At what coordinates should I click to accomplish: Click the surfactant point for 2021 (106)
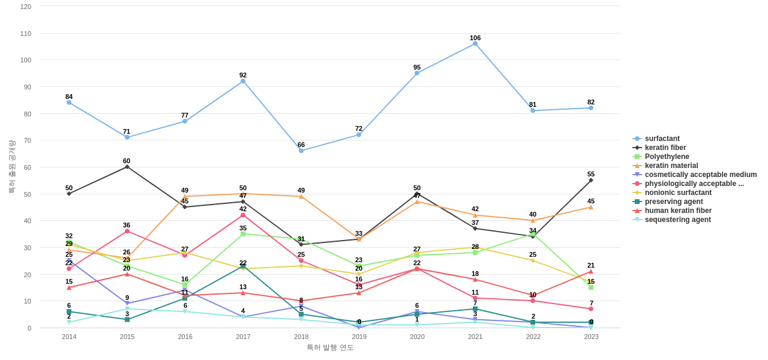click(x=475, y=44)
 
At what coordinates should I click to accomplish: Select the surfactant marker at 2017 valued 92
click(x=243, y=81)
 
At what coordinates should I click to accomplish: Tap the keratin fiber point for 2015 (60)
click(x=127, y=167)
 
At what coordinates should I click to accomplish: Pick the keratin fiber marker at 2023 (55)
click(x=591, y=180)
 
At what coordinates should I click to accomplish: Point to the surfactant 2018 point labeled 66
click(x=301, y=151)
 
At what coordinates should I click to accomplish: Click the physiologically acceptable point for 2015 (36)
click(x=127, y=231)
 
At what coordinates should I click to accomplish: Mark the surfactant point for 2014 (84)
click(x=69, y=103)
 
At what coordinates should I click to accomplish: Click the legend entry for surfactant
click(x=662, y=139)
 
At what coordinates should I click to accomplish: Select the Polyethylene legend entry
click(x=667, y=157)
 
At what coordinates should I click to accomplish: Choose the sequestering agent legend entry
click(x=677, y=220)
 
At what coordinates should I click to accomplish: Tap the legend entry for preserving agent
click(x=674, y=202)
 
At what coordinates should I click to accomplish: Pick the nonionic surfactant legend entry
click(x=678, y=193)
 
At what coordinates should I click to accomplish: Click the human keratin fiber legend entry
click(x=678, y=211)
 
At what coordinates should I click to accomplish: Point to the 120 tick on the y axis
click(x=26, y=7)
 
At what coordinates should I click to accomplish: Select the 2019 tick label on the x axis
click(x=359, y=337)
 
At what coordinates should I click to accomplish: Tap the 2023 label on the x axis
click(x=591, y=337)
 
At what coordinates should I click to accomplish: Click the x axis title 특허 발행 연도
click(x=330, y=347)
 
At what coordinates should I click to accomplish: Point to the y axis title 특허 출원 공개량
click(x=11, y=167)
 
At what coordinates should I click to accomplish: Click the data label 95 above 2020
click(x=417, y=67)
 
